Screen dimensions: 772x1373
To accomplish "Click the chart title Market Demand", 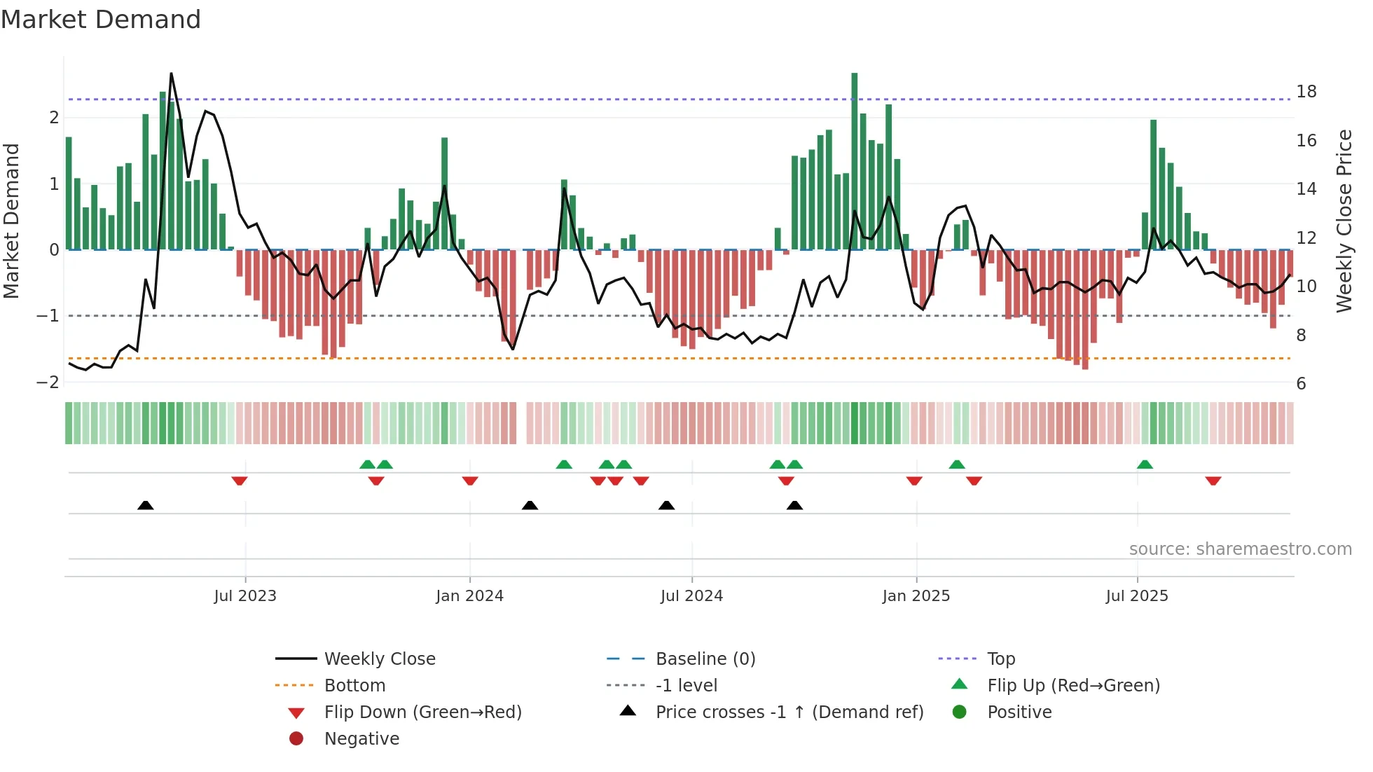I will (x=101, y=20).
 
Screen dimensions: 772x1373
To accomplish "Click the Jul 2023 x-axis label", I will (x=245, y=596).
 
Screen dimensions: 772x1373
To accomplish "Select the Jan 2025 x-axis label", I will (x=916, y=596).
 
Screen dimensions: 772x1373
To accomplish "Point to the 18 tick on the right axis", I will (x=1306, y=92).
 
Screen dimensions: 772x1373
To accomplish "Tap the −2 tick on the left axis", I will (x=48, y=382).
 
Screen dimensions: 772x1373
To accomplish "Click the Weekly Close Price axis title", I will (x=1344, y=221).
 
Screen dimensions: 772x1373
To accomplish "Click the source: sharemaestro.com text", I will (x=1240, y=549).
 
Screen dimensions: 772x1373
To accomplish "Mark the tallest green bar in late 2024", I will (x=855, y=161).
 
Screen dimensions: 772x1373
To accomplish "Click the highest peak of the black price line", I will (x=171, y=74).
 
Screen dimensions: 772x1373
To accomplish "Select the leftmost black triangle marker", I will (x=146, y=505).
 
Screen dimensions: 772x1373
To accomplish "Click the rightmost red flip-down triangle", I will (x=1213, y=481).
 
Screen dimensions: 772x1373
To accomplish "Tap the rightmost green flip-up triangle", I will (x=1145, y=464).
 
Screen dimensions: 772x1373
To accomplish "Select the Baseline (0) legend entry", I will (x=705, y=659).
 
